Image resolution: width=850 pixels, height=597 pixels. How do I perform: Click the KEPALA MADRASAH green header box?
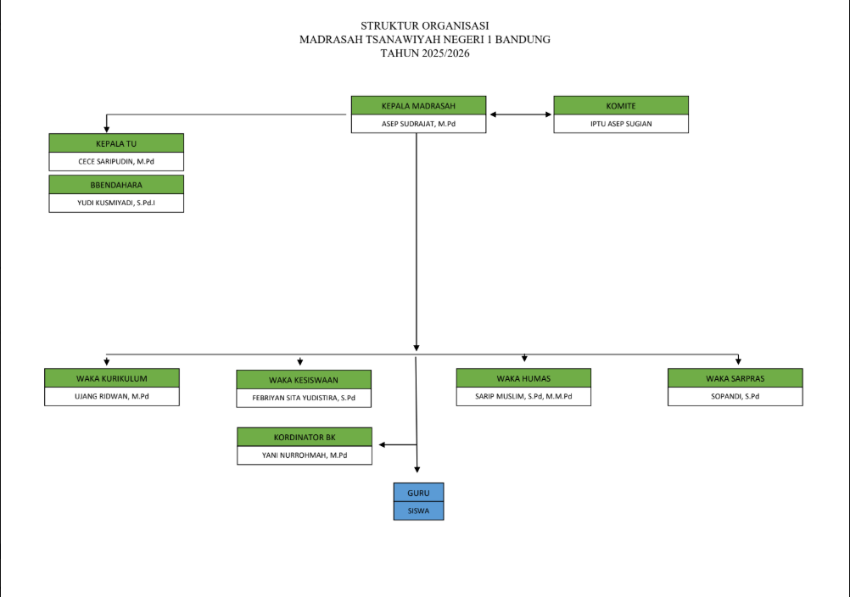[x=418, y=106]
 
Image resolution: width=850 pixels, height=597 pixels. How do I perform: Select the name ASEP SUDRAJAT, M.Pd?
[x=418, y=124]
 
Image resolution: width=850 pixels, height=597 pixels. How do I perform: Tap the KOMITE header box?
[x=621, y=106]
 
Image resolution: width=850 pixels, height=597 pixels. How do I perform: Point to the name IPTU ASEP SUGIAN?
[x=621, y=124]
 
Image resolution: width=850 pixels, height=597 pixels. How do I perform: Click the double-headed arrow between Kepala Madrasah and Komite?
[x=520, y=114]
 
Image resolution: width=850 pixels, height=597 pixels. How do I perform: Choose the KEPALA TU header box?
[x=116, y=143]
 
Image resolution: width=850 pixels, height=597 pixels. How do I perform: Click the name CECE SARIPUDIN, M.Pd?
[x=116, y=161]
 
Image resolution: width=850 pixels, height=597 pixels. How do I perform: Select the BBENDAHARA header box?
[x=116, y=184]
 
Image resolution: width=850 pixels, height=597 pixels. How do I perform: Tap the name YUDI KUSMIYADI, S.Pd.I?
[x=116, y=204]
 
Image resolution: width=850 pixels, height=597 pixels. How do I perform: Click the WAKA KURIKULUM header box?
[x=112, y=378]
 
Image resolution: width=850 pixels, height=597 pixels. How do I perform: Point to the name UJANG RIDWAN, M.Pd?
[x=112, y=397]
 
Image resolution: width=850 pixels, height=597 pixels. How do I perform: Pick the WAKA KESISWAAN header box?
[x=304, y=380]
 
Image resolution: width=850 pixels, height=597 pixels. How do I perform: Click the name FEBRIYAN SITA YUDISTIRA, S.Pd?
[x=304, y=399]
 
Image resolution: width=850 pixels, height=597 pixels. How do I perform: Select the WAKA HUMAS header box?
[x=523, y=378]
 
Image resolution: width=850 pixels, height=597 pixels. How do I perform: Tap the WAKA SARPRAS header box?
[x=735, y=378]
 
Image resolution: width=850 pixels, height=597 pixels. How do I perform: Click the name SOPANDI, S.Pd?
[x=735, y=397]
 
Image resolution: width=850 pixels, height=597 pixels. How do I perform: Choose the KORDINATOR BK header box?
[x=305, y=438]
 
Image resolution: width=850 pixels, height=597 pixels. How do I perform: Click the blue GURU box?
[x=418, y=493]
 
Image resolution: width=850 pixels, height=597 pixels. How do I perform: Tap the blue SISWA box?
[x=418, y=511]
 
